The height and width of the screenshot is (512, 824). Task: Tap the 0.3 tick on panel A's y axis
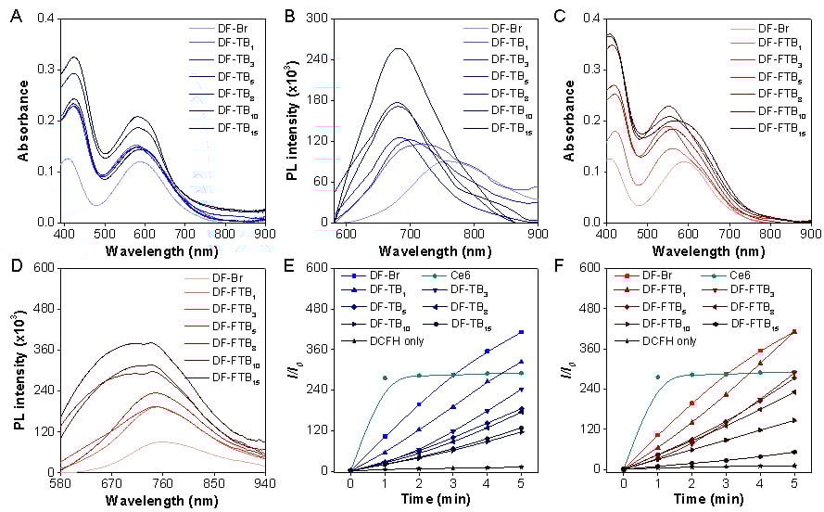coord(44,70)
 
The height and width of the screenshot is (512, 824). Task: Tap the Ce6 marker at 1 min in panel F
coord(657,378)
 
